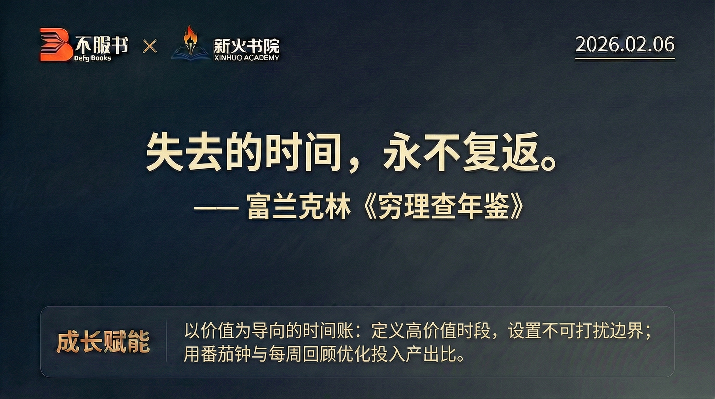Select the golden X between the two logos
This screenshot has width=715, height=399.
pyautogui.click(x=150, y=46)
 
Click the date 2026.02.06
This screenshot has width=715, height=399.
pyautogui.click(x=625, y=44)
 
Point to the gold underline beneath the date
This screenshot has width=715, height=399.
pyautogui.click(x=625, y=59)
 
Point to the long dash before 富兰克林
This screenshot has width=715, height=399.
pyautogui.click(x=216, y=208)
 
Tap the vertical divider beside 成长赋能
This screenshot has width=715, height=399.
pyautogui.click(x=166, y=341)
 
